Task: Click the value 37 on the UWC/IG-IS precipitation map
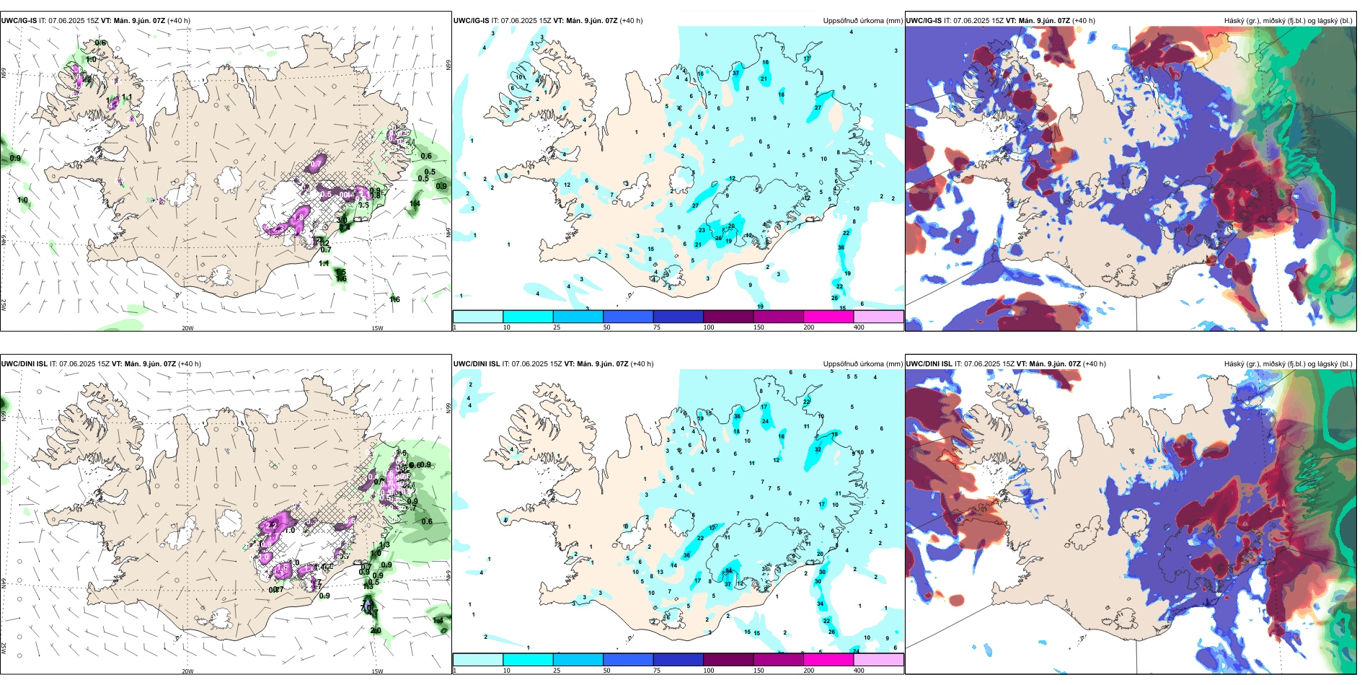[736, 74]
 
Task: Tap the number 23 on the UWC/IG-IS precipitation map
[702, 231]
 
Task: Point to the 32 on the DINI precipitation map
[818, 449]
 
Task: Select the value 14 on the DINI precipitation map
[674, 565]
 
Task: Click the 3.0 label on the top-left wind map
[342, 221]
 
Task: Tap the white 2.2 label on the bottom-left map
[271, 526]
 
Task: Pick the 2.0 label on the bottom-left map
[376, 630]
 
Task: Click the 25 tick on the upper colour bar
[557, 327]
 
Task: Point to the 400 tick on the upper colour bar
[859, 327]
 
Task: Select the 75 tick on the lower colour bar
[657, 671]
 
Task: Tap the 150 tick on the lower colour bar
[759, 671]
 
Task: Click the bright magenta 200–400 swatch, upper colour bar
[828, 317]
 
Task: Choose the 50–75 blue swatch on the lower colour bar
[628, 660]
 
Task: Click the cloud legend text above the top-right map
[1288, 21]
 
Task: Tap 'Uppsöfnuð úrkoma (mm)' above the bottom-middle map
[862, 364]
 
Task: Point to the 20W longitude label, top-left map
[187, 328]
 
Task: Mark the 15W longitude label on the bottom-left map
[377, 671]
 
